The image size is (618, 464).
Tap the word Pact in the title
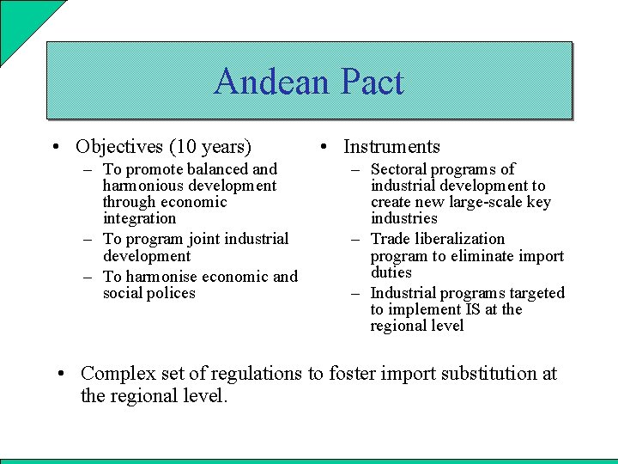371,82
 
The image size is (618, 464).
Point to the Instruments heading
391,147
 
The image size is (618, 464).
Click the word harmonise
161,277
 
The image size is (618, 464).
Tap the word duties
391,272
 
